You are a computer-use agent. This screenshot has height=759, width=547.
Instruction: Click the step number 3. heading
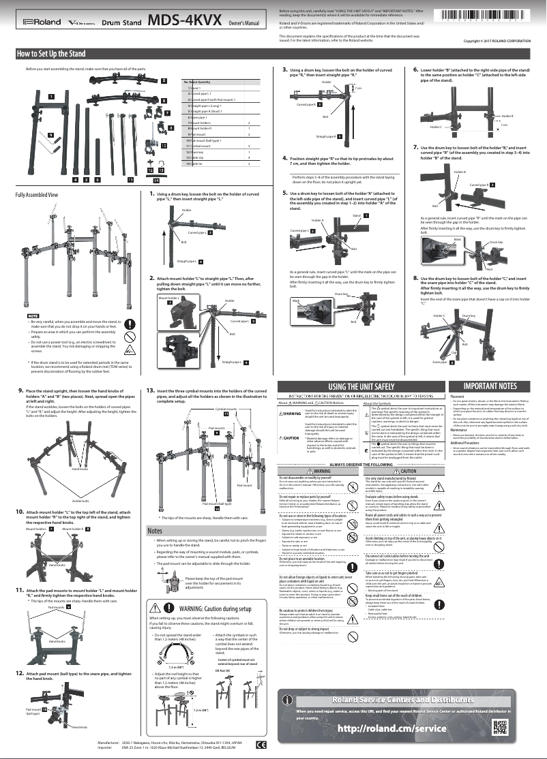(284, 70)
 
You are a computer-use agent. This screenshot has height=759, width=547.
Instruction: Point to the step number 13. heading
(150, 391)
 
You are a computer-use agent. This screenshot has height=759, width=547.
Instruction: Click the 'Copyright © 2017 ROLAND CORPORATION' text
(497, 41)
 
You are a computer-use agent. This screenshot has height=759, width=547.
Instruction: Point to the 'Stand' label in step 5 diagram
(356, 215)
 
